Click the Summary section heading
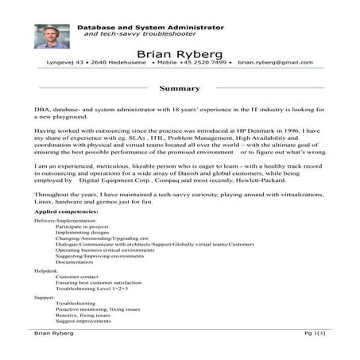click(180, 88)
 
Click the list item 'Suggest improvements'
click(85, 322)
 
